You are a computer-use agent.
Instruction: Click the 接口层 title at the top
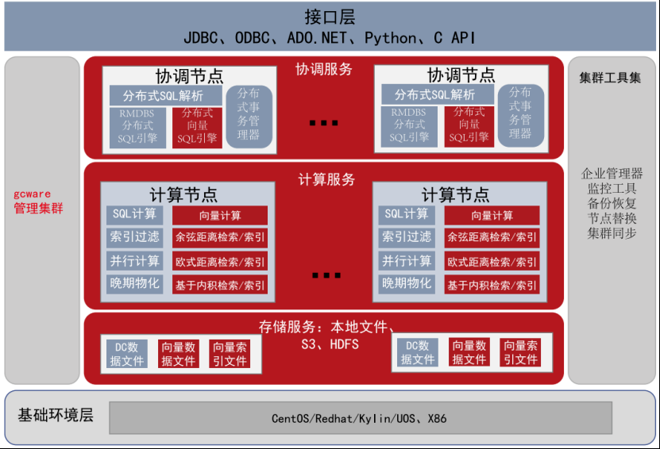(330, 17)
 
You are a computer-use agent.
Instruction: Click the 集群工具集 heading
(610, 78)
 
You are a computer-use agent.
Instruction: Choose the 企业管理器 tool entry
(612, 174)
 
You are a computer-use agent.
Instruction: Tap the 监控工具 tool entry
(612, 189)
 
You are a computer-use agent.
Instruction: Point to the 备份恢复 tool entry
(612, 204)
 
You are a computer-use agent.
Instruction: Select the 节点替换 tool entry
(612, 218)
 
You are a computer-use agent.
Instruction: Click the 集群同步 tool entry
(612, 233)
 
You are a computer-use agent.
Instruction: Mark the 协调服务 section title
(324, 70)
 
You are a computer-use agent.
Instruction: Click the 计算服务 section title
(326, 179)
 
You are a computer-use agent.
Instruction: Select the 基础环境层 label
(56, 416)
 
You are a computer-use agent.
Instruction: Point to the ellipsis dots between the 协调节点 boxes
(325, 123)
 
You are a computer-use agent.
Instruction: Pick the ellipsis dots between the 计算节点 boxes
(326, 275)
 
